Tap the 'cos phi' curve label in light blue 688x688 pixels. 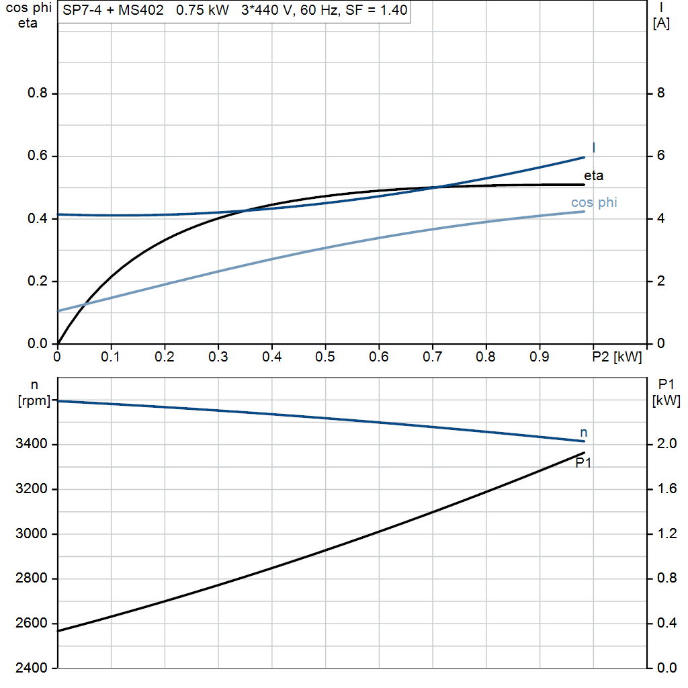(594, 202)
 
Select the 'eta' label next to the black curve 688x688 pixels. (593, 176)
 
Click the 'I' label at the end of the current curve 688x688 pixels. (593, 147)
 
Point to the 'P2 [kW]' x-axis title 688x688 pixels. (617, 355)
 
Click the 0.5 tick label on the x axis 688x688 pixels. (325, 355)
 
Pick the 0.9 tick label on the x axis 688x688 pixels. (540, 355)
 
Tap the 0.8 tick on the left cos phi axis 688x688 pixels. (38, 93)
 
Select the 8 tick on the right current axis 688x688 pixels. (660, 93)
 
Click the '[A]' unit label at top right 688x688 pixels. (661, 24)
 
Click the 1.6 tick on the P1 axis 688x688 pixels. (666, 489)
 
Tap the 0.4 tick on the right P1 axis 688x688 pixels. (666, 623)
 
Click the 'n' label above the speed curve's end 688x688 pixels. (583, 432)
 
